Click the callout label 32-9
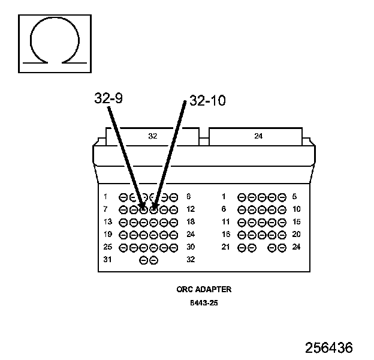click(x=108, y=98)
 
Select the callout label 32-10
click(x=207, y=101)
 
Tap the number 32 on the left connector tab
click(x=152, y=136)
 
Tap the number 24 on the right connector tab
click(x=258, y=136)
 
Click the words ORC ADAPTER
click(x=204, y=289)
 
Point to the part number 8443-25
click(x=204, y=303)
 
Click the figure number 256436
click(x=328, y=348)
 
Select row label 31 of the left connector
click(x=107, y=260)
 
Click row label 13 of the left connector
click(x=107, y=222)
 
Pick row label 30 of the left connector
click(x=191, y=247)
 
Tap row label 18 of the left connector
click(x=191, y=222)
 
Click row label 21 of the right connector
click(x=226, y=247)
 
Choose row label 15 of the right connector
click(x=296, y=222)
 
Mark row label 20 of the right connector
click(x=296, y=235)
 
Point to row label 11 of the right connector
click(x=226, y=222)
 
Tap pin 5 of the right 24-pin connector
click(x=280, y=197)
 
